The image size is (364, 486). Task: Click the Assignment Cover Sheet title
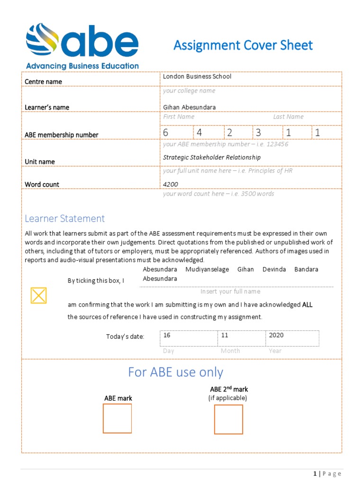click(243, 46)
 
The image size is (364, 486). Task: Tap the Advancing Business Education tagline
click(82, 66)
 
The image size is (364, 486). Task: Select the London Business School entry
click(197, 76)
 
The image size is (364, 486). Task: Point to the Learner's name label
click(47, 107)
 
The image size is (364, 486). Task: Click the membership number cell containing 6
click(177, 132)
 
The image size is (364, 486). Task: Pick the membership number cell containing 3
click(267, 132)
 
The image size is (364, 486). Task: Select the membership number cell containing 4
click(208, 132)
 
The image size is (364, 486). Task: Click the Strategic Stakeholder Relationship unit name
click(211, 157)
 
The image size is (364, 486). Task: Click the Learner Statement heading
click(64, 218)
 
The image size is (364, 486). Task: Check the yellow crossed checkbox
click(38, 295)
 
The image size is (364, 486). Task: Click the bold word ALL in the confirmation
click(307, 305)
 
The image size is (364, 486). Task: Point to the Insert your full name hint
click(230, 291)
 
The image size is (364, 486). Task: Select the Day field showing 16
click(188, 338)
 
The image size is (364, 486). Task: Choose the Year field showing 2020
click(292, 338)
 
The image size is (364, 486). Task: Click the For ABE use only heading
click(175, 373)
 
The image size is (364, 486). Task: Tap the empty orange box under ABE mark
click(117, 418)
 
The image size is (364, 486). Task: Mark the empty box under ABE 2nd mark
click(228, 419)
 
